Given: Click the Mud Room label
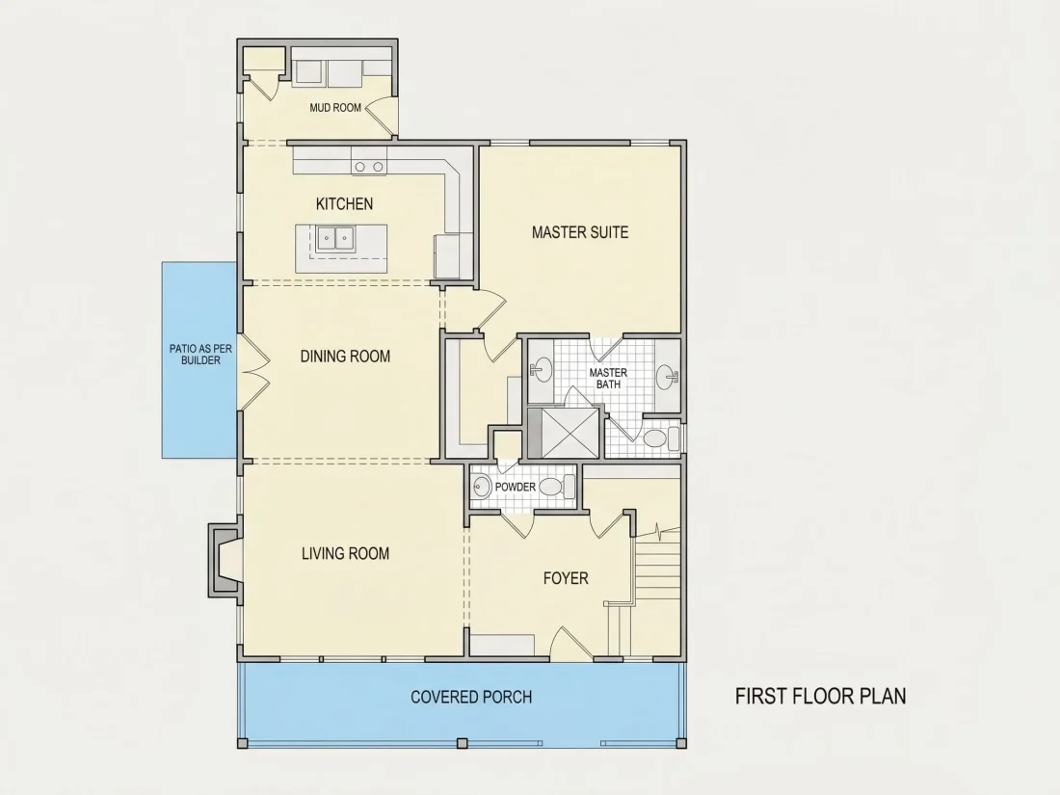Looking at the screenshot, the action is tap(335, 108).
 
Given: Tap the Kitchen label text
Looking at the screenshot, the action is tap(344, 203).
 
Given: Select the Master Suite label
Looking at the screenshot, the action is tap(580, 232).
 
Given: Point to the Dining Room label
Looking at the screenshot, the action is tap(345, 357).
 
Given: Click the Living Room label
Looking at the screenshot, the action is tap(345, 554).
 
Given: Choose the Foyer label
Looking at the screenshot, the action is tap(566, 578).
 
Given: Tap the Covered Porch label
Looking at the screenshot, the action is tap(471, 697).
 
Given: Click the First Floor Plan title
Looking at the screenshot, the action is tap(821, 697).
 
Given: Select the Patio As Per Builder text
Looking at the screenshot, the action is tap(200, 355).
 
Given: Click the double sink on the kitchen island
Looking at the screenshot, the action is tap(334, 239).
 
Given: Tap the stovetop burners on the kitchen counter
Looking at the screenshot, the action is tap(369, 167).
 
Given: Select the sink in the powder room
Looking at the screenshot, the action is tap(482, 486).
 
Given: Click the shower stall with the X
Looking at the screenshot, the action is tap(563, 433).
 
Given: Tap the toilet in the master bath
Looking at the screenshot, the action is tap(660, 438).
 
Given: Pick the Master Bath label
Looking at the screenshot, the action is tap(608, 378).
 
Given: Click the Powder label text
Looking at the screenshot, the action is tap(516, 487).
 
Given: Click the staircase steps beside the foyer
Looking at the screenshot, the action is tap(655, 565).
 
